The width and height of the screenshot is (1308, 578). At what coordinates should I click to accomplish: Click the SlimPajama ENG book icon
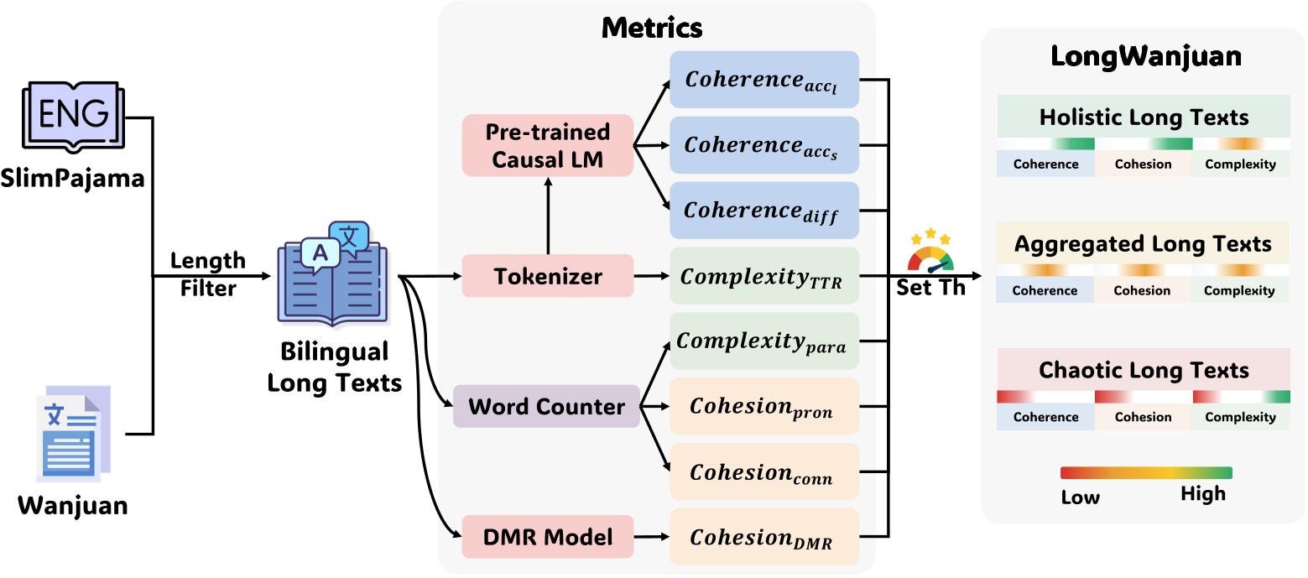73,117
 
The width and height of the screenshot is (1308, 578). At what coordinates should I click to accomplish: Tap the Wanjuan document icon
74,433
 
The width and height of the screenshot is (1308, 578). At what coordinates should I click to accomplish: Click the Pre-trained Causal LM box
547,146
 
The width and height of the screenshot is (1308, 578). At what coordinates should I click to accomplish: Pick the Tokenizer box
547,277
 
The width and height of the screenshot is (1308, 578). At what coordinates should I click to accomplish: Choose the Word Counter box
546,408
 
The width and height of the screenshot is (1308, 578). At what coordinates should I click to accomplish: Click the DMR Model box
547,537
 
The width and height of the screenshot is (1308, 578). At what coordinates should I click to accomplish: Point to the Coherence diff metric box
763,211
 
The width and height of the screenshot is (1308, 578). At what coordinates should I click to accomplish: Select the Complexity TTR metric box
763,276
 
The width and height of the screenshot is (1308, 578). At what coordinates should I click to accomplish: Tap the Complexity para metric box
763,341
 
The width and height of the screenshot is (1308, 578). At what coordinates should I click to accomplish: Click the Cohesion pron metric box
763,407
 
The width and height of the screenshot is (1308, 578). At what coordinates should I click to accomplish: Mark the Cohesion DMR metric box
763,537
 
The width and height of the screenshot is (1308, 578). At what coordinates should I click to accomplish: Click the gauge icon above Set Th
930,251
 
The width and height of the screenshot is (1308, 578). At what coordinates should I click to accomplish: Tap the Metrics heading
652,29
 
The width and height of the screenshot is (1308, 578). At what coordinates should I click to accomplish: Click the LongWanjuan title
1146,58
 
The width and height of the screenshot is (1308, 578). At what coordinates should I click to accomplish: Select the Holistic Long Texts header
1144,117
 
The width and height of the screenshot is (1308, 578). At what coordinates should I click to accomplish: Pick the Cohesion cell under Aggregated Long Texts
1143,290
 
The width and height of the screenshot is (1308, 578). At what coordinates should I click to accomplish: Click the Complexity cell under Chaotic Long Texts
1240,417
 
